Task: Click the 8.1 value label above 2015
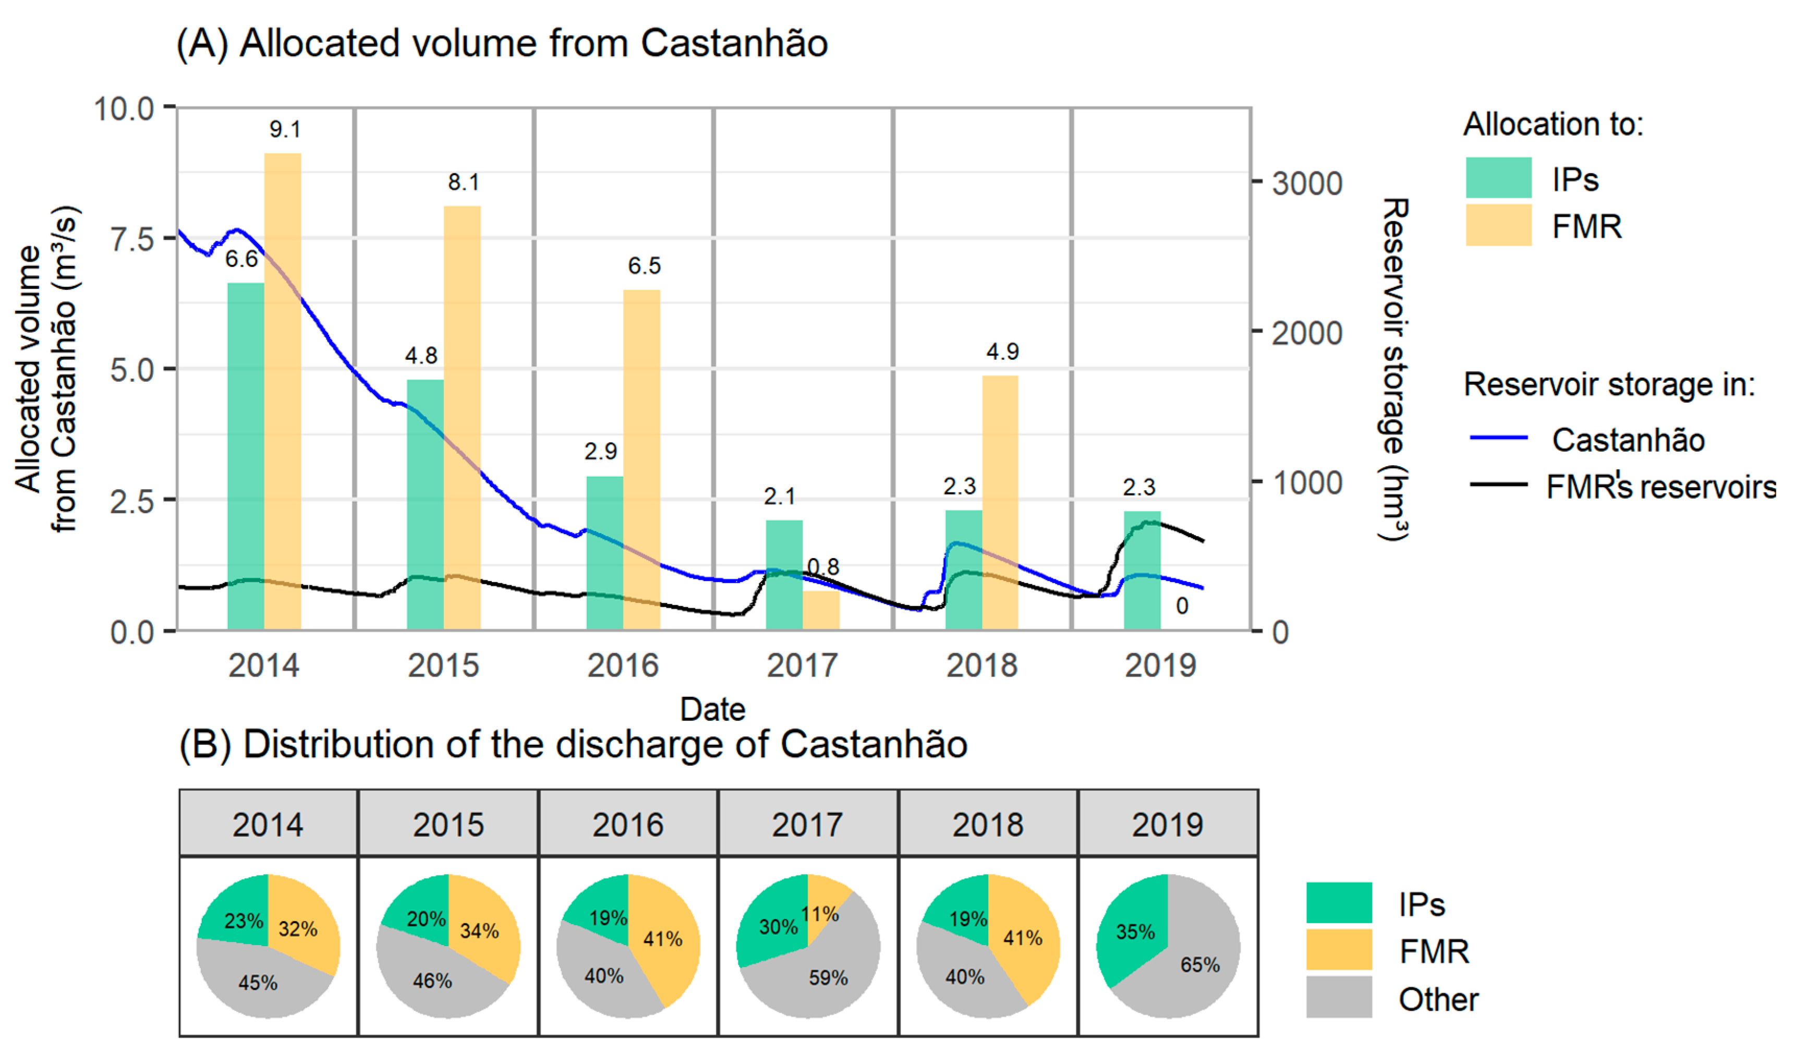click(x=464, y=183)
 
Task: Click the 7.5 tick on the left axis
click(x=132, y=239)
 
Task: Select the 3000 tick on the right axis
click(x=1307, y=184)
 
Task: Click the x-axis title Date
click(x=712, y=709)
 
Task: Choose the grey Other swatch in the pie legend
click(x=1338, y=997)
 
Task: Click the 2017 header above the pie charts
click(x=807, y=825)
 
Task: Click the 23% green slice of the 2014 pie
click(x=238, y=915)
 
